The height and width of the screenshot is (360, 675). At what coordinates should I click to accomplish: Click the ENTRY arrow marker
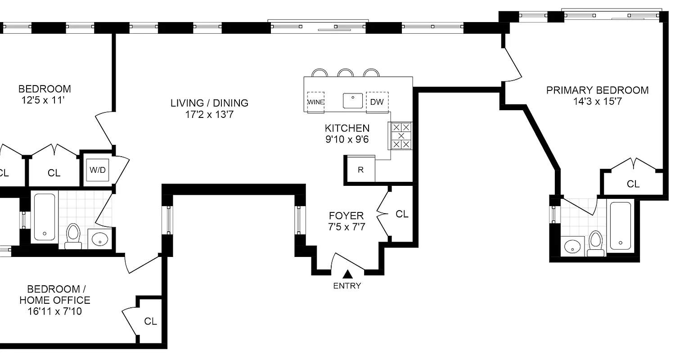coord(347,274)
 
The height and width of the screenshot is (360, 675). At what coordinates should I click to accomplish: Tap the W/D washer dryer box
coord(98,170)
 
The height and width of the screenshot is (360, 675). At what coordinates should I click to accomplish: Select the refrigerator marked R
coord(360,170)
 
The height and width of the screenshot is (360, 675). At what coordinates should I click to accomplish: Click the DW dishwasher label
coord(377,102)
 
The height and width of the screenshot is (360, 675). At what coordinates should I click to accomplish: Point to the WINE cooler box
coord(315,102)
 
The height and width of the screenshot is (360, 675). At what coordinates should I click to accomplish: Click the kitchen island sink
coord(353,100)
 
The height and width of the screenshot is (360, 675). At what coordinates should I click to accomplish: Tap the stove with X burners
coord(401,135)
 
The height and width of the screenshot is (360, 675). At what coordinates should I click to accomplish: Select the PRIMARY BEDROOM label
coord(597,90)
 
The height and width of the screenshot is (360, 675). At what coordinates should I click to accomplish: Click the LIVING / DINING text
coord(209,103)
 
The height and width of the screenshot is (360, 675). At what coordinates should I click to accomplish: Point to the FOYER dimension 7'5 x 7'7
coord(346,227)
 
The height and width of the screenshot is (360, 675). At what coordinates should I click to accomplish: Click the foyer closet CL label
coord(402,214)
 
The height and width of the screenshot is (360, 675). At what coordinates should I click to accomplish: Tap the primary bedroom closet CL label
coord(633,184)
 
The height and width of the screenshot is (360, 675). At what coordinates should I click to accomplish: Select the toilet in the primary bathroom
coord(596,243)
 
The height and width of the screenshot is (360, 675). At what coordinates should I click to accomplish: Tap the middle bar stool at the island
coord(346,73)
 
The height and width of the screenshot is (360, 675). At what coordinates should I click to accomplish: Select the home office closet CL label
coord(150,321)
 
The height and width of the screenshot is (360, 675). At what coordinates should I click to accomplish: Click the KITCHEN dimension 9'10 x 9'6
coord(347,139)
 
